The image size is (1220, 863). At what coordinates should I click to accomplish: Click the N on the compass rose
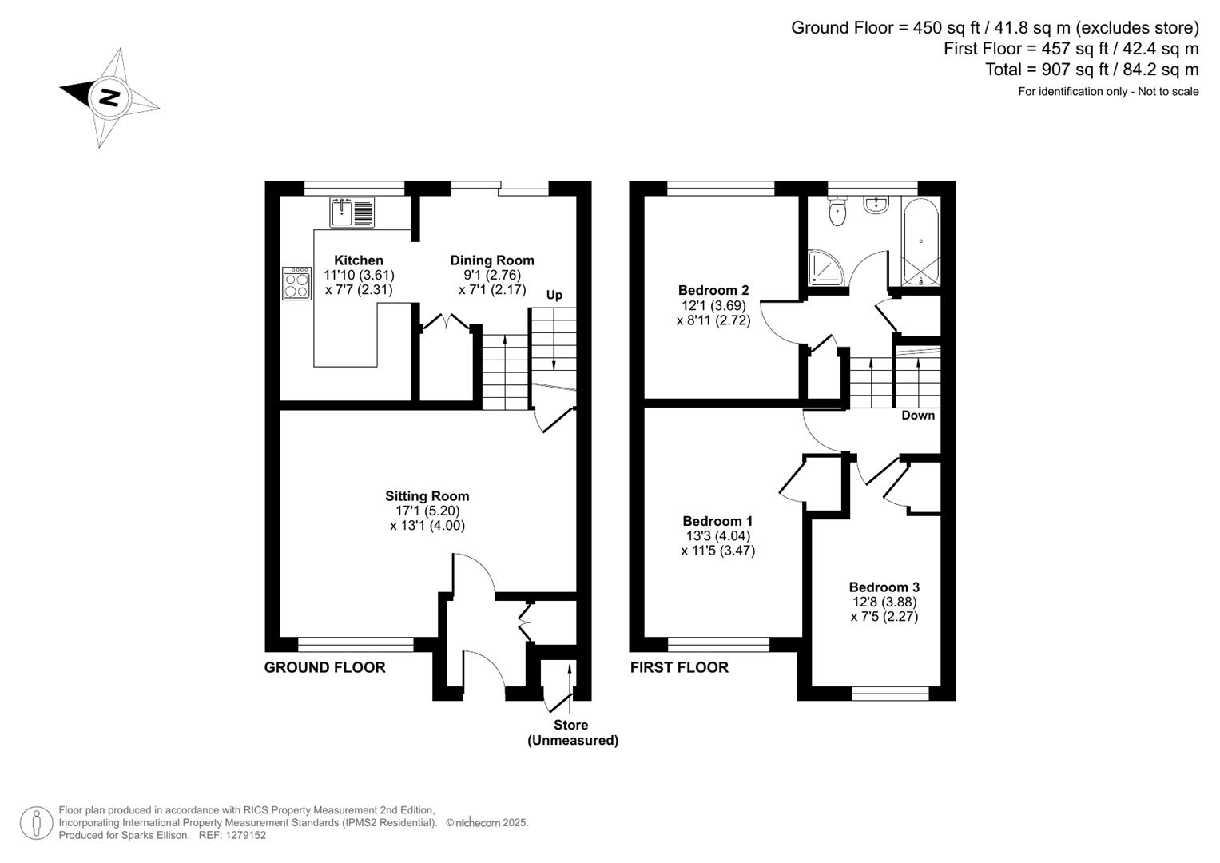109,97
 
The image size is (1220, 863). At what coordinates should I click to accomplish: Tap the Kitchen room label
358,260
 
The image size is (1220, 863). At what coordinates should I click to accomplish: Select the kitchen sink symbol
352,212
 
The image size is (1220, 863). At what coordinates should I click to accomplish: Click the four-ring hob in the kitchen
296,283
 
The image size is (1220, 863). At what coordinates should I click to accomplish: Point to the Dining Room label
491,260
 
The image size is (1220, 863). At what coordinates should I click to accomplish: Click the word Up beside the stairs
554,295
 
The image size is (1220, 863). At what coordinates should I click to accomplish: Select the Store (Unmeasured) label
572,733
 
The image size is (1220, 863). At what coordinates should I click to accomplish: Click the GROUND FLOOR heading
324,667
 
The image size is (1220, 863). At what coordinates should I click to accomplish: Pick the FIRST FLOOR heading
679,667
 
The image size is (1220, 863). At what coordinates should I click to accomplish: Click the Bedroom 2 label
713,290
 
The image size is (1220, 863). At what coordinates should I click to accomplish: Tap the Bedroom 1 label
717,521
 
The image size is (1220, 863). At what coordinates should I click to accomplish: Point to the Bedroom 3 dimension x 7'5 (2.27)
884,617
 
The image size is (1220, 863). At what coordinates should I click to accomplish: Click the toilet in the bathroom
837,213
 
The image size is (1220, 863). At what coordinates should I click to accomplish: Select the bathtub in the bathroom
920,241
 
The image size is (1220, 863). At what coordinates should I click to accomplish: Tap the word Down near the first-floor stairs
918,416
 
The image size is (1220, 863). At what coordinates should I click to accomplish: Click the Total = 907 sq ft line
1091,70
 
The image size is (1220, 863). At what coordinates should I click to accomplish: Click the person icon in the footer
37,823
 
